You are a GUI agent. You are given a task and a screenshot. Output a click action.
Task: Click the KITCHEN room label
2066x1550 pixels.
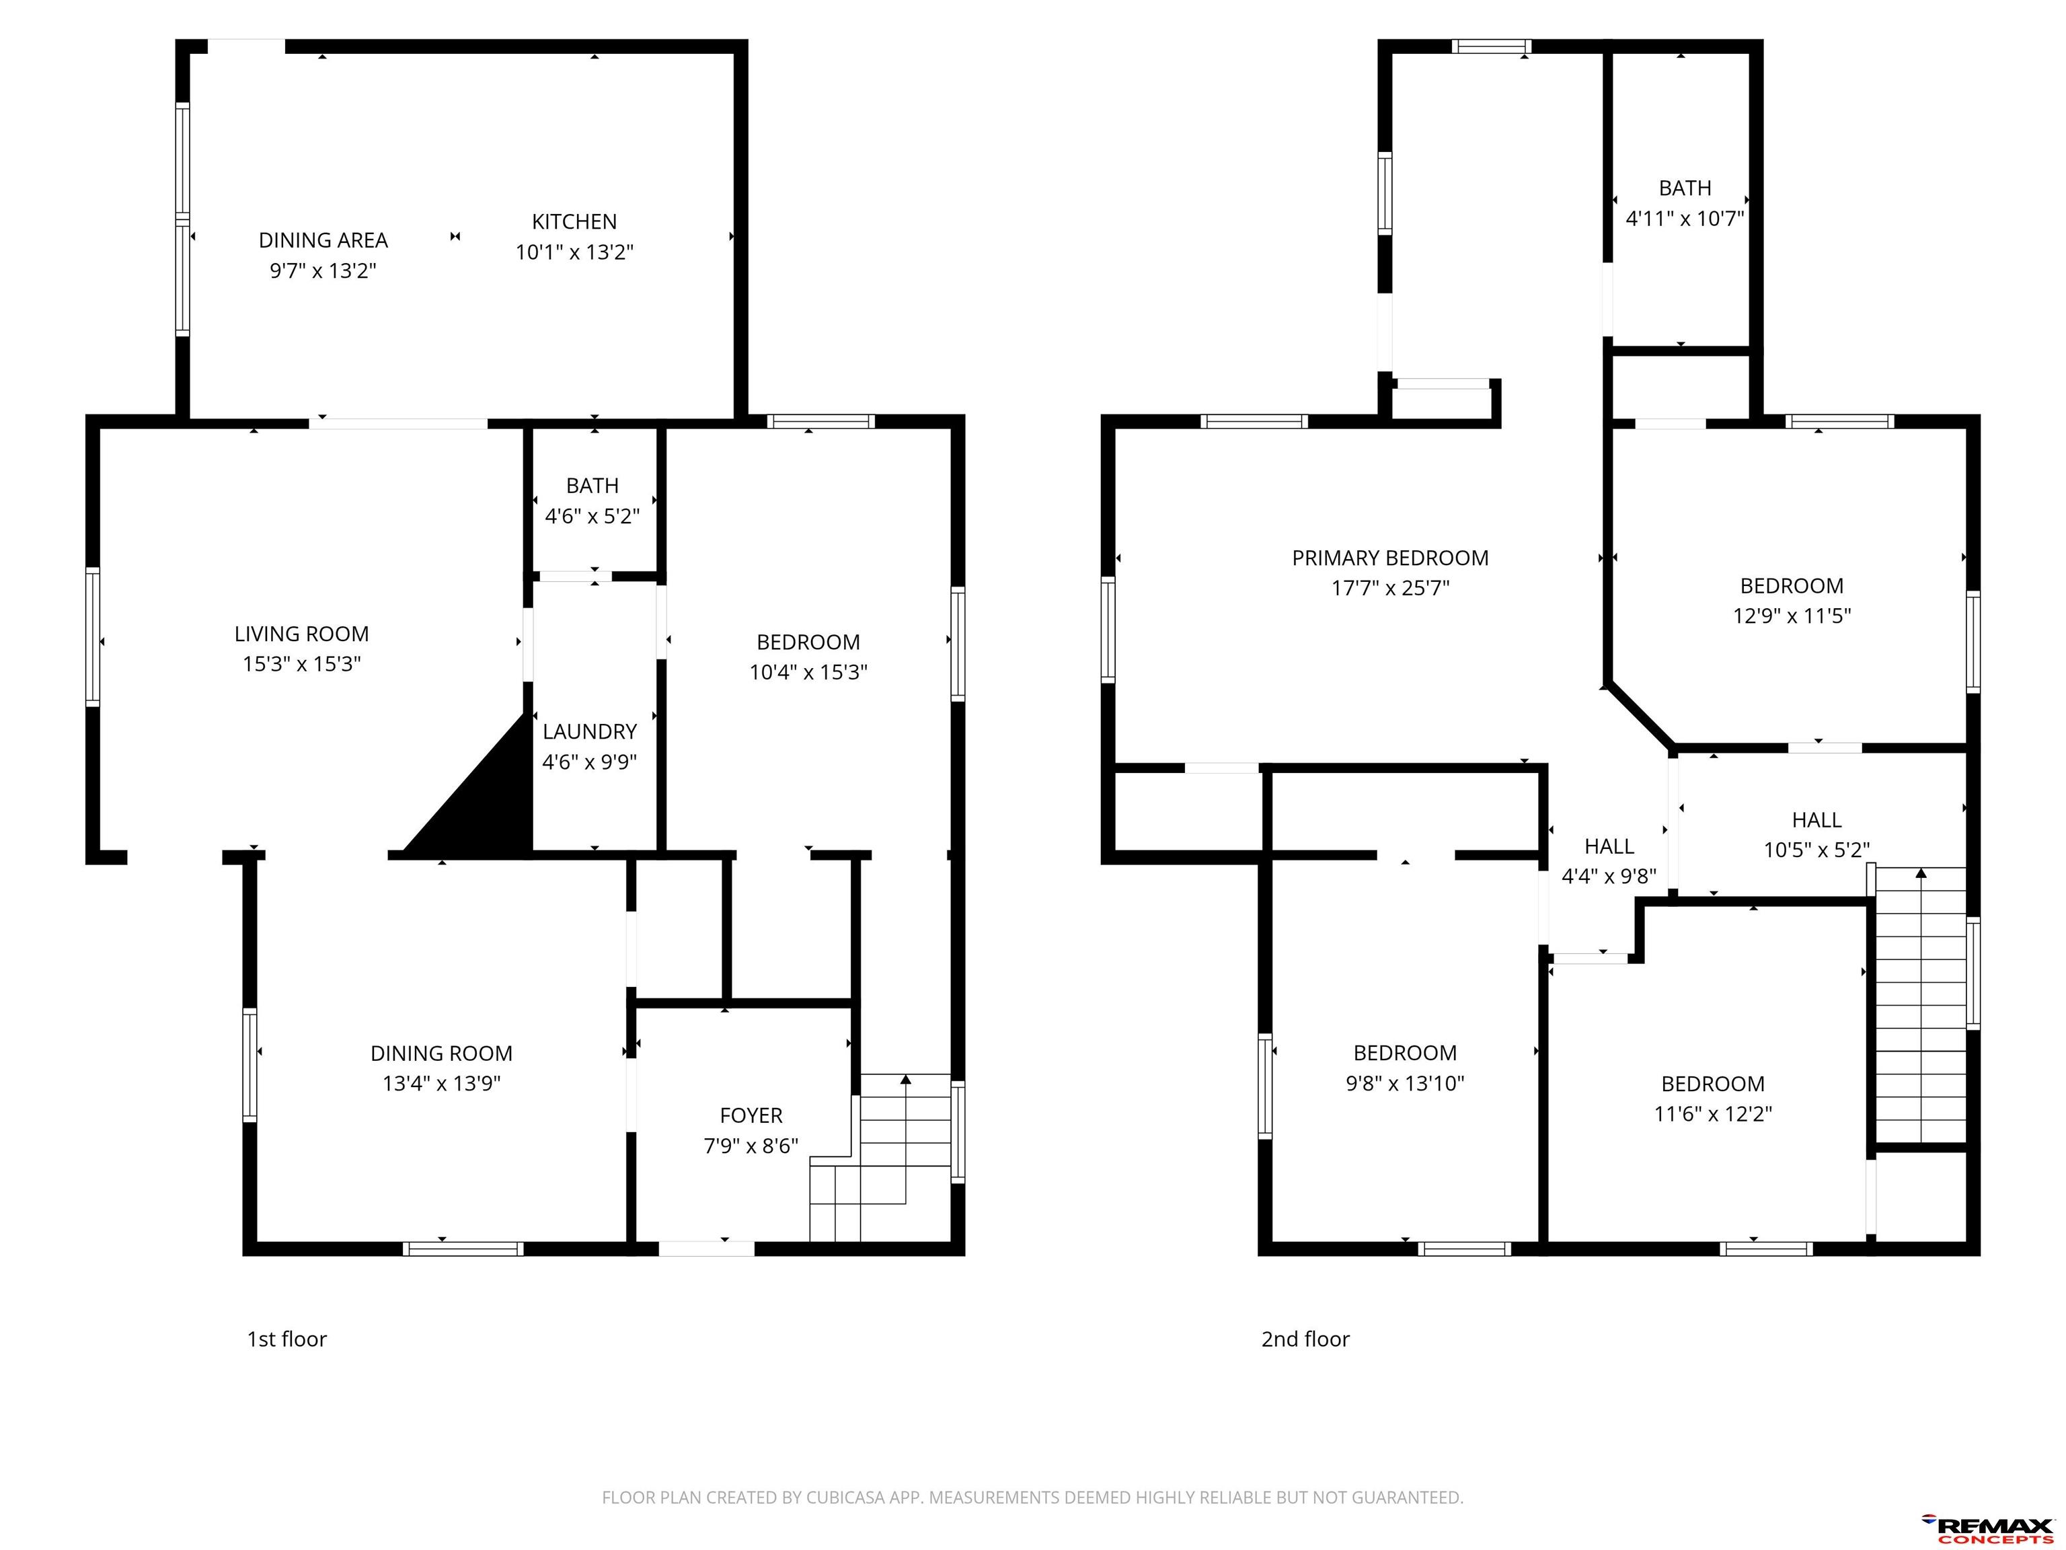[574, 221]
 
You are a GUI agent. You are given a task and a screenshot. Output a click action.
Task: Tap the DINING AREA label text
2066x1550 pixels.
[323, 240]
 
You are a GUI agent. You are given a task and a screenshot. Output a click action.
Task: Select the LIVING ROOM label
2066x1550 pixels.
[302, 634]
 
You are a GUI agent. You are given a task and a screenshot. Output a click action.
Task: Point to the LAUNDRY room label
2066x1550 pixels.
[589, 731]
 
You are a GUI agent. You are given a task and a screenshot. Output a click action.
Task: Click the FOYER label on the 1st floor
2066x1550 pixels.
[751, 1115]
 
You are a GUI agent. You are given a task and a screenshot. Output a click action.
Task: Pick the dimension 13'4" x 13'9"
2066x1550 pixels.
[442, 1084]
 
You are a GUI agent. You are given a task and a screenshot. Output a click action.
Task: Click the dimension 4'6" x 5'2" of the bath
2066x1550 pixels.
[592, 517]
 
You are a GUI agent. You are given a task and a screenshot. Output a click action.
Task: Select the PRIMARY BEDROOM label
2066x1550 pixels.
[1390, 558]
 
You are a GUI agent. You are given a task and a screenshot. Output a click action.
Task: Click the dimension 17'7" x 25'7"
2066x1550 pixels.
[1390, 589]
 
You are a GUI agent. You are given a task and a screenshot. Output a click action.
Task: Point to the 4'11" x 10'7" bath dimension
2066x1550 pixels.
[1685, 219]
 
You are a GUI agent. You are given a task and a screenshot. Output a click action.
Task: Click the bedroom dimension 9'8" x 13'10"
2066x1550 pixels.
[1405, 1084]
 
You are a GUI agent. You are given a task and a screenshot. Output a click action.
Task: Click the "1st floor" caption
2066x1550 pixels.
[286, 1339]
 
